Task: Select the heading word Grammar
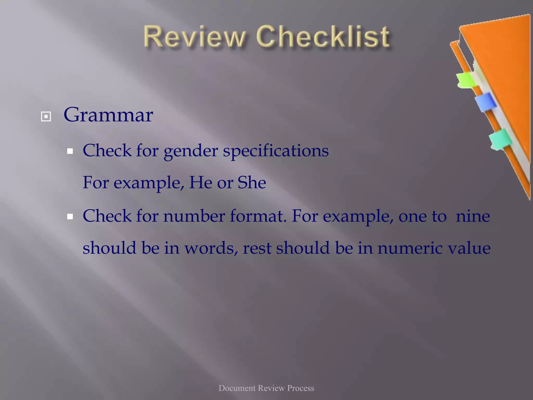pos(108,115)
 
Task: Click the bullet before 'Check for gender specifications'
pos(70,151)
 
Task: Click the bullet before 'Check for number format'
pos(70,216)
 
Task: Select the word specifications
pos(276,151)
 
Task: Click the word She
pos(252,183)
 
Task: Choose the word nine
pos(473,216)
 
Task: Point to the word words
pos(211,248)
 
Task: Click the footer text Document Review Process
pos(266,388)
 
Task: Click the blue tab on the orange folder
pos(485,102)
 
